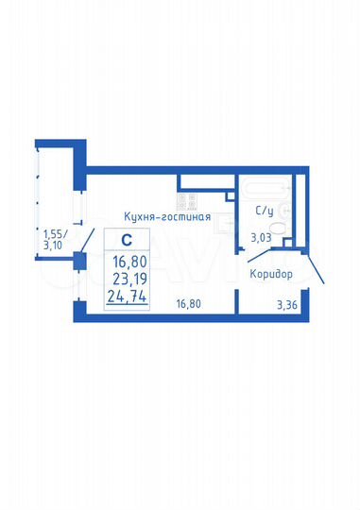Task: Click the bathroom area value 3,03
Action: pos(262,239)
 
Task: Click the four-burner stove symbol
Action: pos(187,200)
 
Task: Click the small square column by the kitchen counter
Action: pos(230,195)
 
